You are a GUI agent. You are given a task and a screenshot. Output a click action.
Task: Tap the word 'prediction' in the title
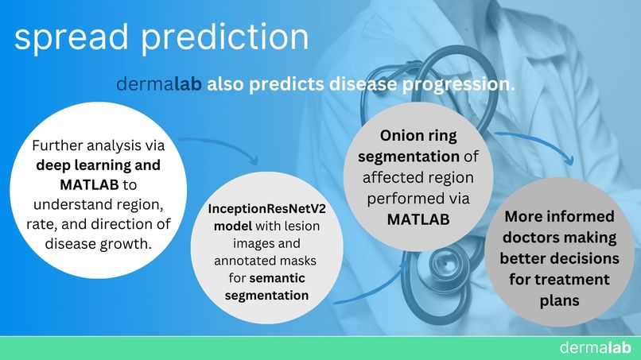tap(230, 38)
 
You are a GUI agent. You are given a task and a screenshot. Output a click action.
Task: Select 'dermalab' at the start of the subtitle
tap(159, 84)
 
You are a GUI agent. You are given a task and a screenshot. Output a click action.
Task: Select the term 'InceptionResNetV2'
tap(264, 207)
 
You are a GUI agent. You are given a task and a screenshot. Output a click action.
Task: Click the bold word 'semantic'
tap(279, 277)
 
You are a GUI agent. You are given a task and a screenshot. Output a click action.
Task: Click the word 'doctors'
tap(535, 238)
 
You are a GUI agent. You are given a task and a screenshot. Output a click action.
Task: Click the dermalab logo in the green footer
tap(594, 347)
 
